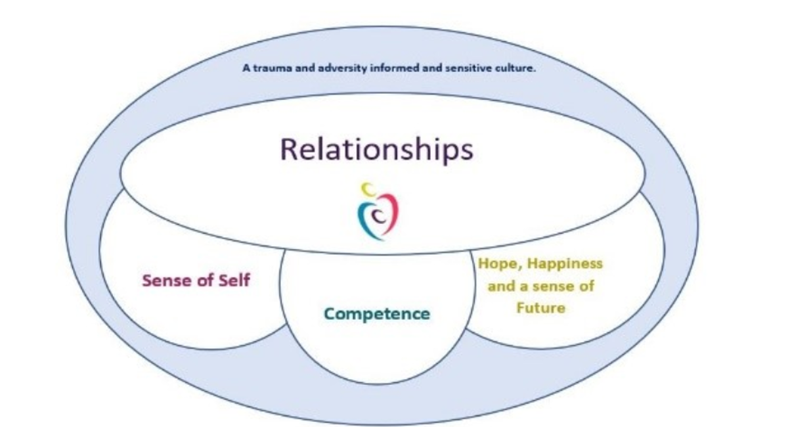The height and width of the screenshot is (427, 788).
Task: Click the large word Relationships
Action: (376, 149)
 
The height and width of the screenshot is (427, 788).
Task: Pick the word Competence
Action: (377, 313)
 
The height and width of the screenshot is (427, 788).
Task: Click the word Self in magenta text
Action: (234, 281)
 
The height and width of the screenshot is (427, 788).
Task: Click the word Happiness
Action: (561, 264)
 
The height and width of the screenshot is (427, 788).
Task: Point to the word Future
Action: (540, 307)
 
